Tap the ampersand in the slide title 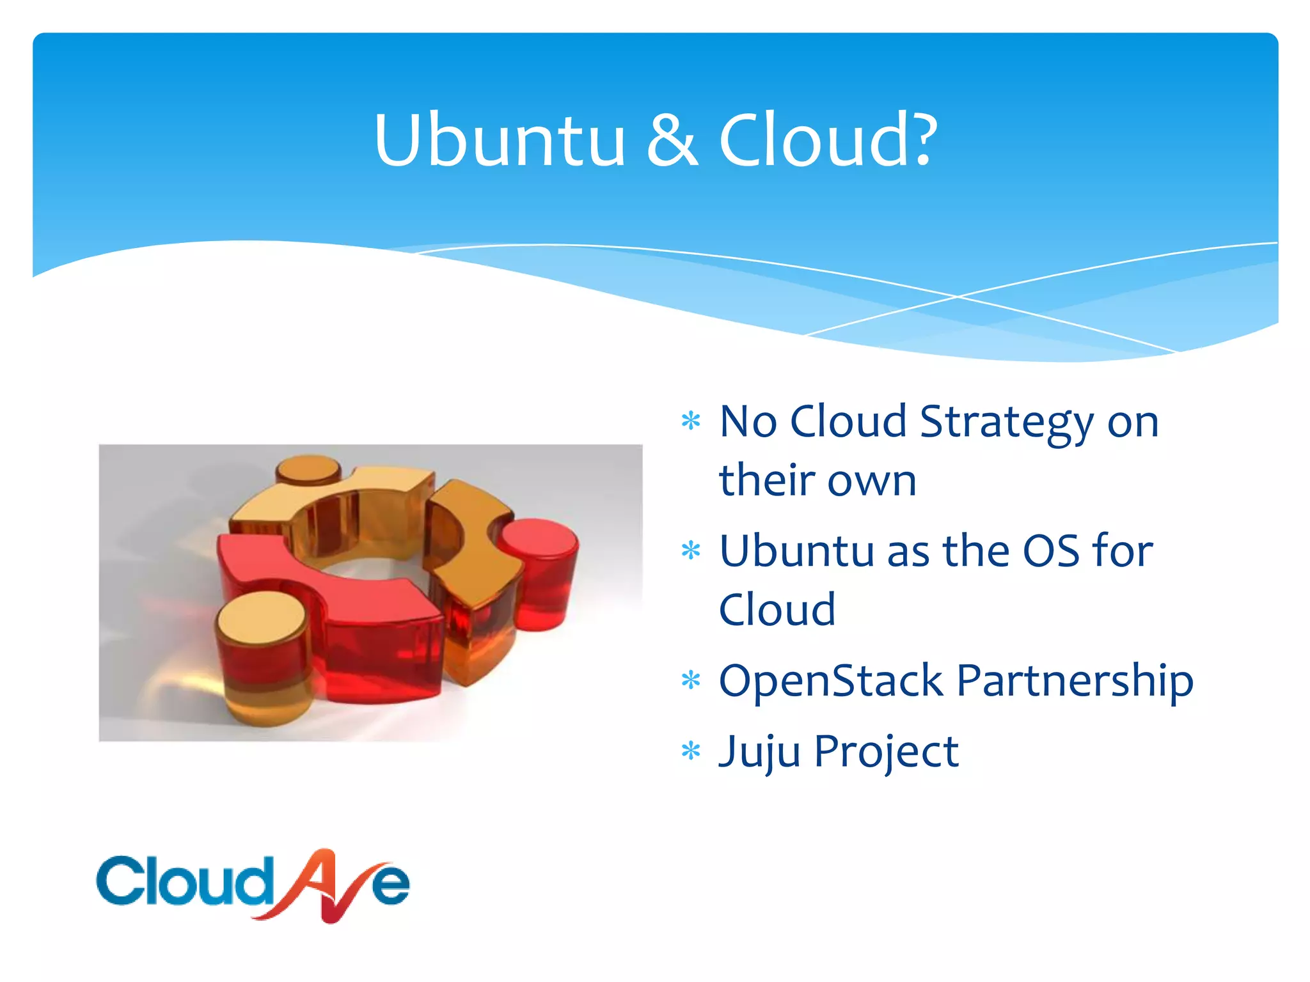point(672,142)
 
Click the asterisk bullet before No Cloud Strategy point(691,421)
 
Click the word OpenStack point(830,680)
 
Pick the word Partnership point(1075,682)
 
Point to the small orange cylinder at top point(308,470)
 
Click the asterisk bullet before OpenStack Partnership point(691,680)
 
